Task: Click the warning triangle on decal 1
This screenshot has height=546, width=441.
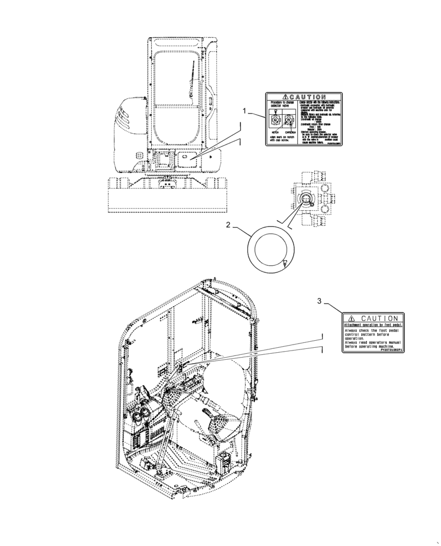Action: pyautogui.click(x=277, y=97)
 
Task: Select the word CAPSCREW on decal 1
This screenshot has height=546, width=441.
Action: pyautogui.click(x=289, y=132)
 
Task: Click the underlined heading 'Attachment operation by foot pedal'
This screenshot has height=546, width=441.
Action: pyautogui.click(x=373, y=325)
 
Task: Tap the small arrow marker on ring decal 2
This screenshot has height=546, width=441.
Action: pyautogui.click(x=284, y=264)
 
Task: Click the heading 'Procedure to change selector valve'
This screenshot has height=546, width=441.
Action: pyautogui.click(x=281, y=105)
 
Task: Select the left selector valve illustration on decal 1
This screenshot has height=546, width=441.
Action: pyautogui.click(x=274, y=121)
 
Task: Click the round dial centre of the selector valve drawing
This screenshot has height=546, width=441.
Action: pyautogui.click(x=306, y=200)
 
